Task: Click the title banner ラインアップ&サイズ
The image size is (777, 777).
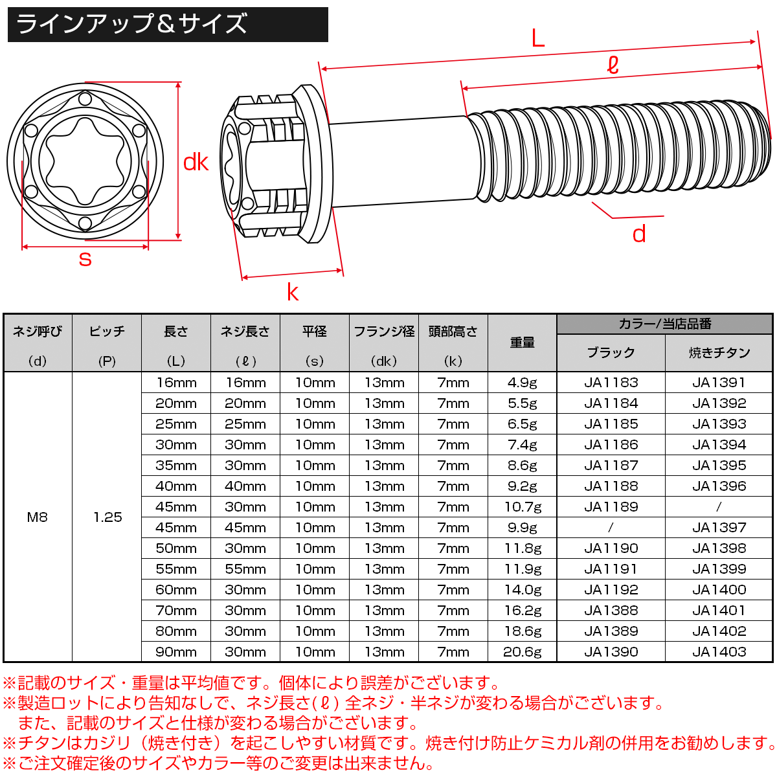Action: tap(167, 25)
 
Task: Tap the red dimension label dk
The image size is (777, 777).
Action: tap(196, 162)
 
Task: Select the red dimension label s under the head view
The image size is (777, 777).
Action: tap(85, 259)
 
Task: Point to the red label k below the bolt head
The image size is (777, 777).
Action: tap(293, 293)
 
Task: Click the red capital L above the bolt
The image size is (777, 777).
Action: tap(537, 39)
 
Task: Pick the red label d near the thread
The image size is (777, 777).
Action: tap(638, 234)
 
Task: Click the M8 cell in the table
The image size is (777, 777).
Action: tap(38, 517)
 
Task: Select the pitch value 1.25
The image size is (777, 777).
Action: tap(107, 517)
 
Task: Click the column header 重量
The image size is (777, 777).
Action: tap(522, 343)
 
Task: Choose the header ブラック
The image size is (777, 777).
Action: tap(611, 353)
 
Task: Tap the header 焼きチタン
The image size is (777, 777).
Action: tap(719, 353)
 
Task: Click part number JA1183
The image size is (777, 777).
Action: tap(611, 383)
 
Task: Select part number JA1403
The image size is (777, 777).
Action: tap(719, 651)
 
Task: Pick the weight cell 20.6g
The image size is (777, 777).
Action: tap(522, 651)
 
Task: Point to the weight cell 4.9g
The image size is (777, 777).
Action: tap(522, 383)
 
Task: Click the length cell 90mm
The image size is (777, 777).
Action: tap(175, 651)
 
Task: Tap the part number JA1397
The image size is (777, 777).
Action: tap(719, 527)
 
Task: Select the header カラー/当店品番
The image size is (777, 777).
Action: tap(664, 324)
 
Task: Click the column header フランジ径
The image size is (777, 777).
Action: tap(384, 332)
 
